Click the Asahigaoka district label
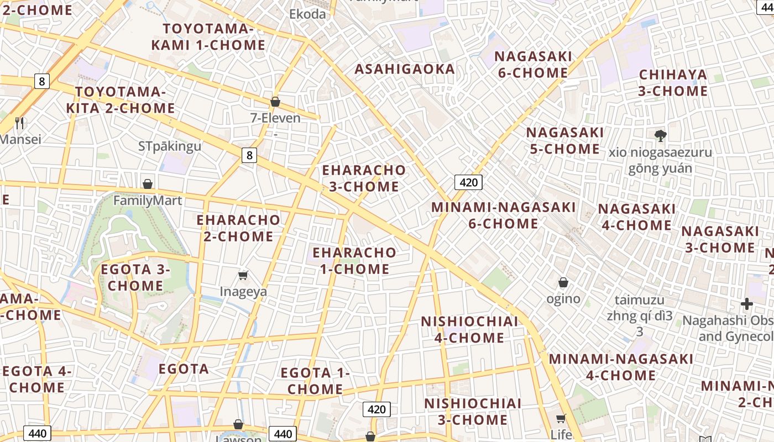pos(405,69)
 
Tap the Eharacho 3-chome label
pos(364,178)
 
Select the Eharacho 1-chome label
pos(354,261)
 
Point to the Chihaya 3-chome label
pos(673,83)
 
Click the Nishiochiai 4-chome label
pos(469,329)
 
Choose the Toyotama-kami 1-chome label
pos(208,37)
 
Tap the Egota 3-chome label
pos(135,277)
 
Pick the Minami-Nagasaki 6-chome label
pos(503,215)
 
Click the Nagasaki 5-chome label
pos(564,140)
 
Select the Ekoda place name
pos(307,14)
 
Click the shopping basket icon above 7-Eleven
pos(275,102)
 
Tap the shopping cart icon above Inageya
pos(243,275)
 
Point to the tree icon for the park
pos(660,135)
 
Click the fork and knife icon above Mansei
pos(20,123)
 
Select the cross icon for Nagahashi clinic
pos(747,304)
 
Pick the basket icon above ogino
pos(563,283)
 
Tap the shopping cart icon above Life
pos(561,418)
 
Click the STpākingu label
pos(170,146)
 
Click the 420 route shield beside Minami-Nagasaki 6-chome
pos(468,182)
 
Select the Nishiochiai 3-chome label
pos(473,411)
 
